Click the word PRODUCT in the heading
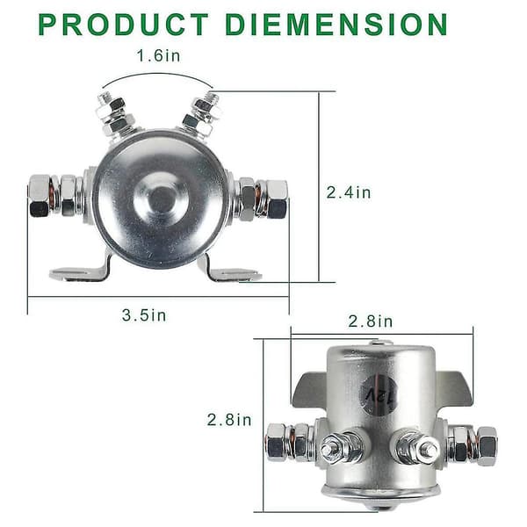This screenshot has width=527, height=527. click(124, 25)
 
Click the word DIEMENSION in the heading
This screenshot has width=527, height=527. click(336, 25)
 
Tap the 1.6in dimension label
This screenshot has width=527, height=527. click(158, 56)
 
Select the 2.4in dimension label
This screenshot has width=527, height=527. click(349, 192)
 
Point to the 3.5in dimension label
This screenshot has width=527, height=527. click(144, 315)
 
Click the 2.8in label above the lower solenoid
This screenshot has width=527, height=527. click(370, 321)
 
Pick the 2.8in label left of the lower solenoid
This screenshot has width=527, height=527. click(229, 420)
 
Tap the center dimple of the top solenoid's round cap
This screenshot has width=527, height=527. click(162, 199)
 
